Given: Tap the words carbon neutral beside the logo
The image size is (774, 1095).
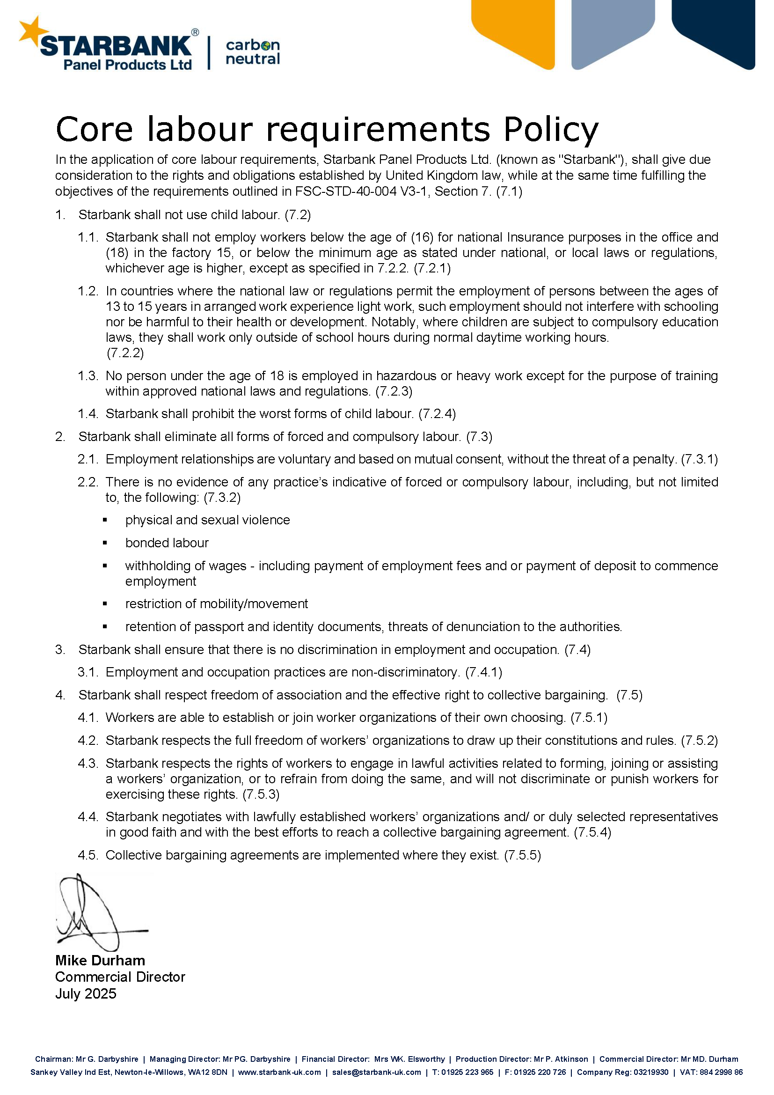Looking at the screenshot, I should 253,52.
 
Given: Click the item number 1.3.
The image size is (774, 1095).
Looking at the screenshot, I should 88,376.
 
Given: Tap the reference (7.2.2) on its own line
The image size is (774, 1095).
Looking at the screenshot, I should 125,353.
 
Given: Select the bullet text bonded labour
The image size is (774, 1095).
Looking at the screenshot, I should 167,543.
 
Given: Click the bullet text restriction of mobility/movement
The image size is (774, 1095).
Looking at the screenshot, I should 216,604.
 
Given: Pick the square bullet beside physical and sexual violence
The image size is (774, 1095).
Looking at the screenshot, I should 105,520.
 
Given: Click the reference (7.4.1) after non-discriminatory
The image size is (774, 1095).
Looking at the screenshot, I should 483,672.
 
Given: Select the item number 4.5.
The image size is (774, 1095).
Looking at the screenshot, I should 88,855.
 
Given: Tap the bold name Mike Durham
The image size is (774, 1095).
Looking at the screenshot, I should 100,961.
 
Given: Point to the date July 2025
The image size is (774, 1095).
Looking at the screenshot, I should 86,993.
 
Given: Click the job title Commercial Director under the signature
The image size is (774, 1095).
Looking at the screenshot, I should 120,977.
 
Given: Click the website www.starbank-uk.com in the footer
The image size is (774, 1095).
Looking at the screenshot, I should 279,1073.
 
